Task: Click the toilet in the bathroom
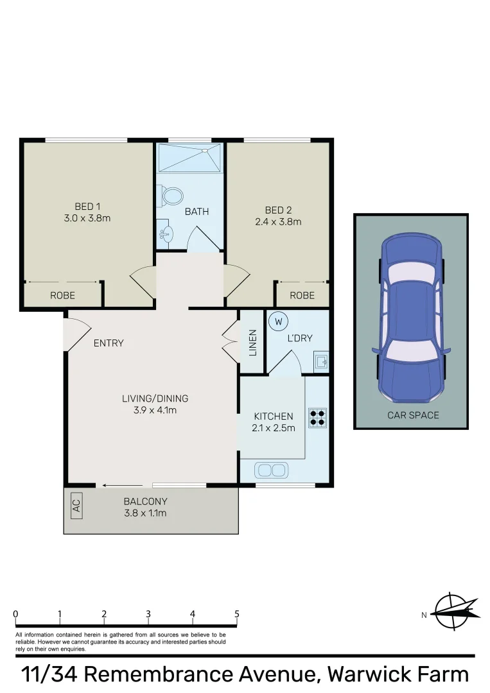click(171, 195)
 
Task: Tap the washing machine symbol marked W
click(278, 320)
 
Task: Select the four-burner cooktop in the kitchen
click(317, 418)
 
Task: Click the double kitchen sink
click(272, 470)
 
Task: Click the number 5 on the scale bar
click(237, 614)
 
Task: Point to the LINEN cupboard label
click(253, 343)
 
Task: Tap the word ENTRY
click(109, 343)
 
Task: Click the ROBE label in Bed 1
click(63, 296)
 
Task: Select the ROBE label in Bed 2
click(302, 296)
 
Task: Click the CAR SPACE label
click(413, 415)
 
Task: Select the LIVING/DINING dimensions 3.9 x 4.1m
click(155, 409)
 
